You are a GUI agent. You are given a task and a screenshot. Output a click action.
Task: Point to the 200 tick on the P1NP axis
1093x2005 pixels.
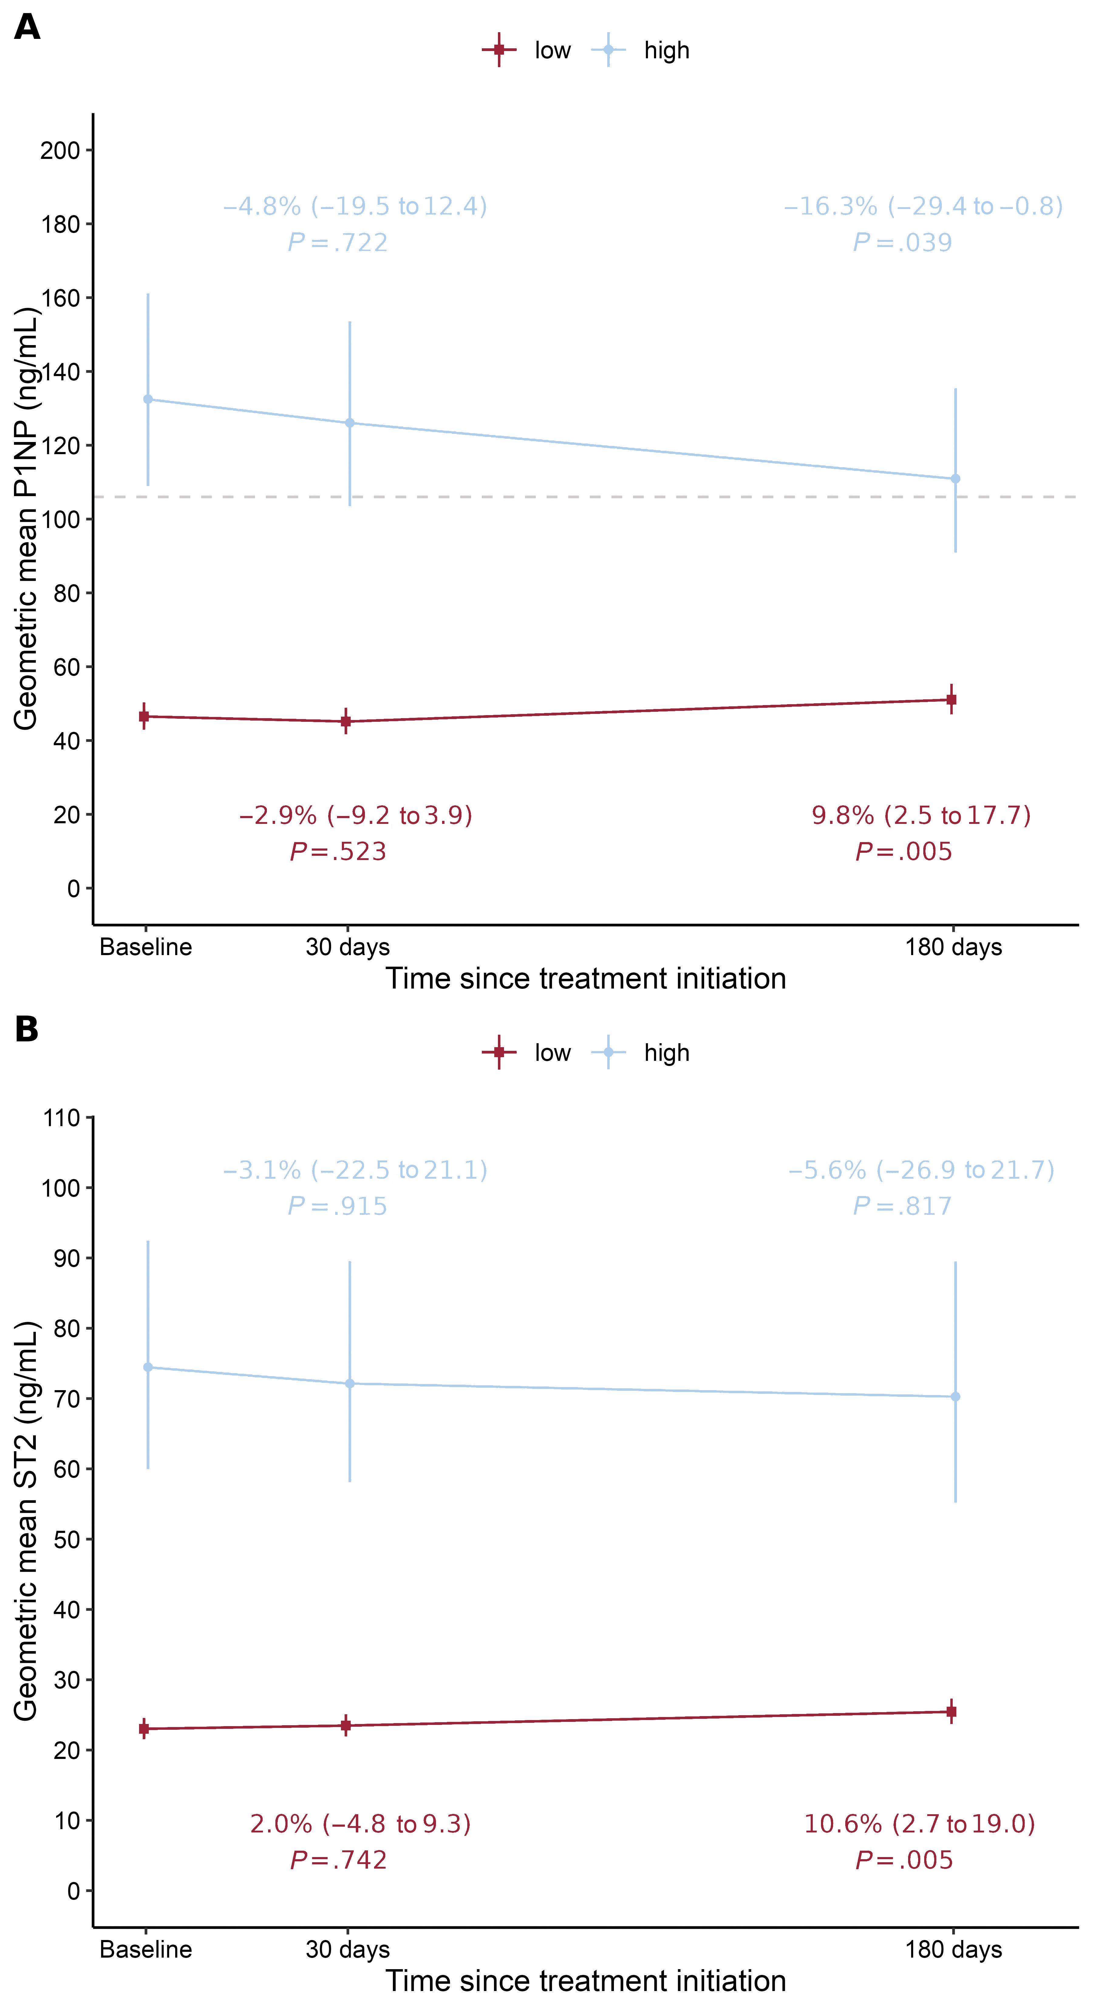click(x=61, y=150)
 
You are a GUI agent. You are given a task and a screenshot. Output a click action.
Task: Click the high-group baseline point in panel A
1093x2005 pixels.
click(x=148, y=399)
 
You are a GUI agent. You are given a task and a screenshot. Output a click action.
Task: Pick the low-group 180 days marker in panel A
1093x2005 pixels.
click(x=951, y=700)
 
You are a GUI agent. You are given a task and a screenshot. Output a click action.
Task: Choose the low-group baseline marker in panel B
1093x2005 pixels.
click(x=144, y=1729)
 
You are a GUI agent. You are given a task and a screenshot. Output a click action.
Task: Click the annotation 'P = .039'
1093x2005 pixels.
click(x=902, y=243)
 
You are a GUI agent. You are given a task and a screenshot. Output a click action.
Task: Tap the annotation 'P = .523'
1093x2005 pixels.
click(x=338, y=852)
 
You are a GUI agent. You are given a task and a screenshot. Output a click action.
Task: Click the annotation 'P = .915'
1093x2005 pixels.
click(x=338, y=1206)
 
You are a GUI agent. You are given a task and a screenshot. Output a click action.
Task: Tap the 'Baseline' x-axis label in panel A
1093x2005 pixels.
click(x=145, y=947)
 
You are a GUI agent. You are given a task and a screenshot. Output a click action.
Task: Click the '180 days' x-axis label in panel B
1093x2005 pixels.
click(x=953, y=1950)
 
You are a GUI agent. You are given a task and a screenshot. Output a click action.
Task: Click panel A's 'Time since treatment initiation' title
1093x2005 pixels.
click(x=586, y=979)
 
